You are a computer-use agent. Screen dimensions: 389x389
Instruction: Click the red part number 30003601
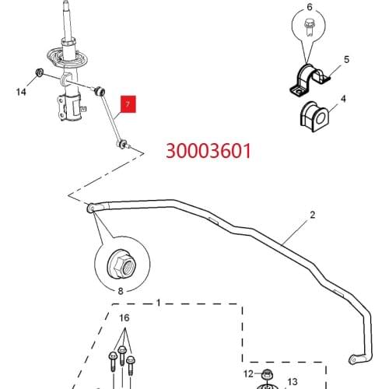click(x=207, y=150)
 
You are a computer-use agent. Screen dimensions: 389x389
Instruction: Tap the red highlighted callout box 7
click(x=126, y=103)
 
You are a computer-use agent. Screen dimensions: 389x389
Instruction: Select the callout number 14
click(x=21, y=93)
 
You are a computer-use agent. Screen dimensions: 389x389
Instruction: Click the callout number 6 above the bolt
click(x=309, y=8)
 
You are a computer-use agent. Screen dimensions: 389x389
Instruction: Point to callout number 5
click(x=346, y=59)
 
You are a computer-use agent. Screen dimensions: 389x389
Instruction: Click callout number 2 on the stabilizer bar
click(x=313, y=214)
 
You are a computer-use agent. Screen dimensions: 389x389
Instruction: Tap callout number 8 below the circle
click(x=120, y=291)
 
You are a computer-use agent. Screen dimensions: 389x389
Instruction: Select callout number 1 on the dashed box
click(x=158, y=302)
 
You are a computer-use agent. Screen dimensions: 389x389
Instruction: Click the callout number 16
click(x=124, y=319)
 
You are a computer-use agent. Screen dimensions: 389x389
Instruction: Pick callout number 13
click(x=293, y=381)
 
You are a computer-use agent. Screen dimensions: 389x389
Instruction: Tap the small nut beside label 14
click(x=38, y=75)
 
